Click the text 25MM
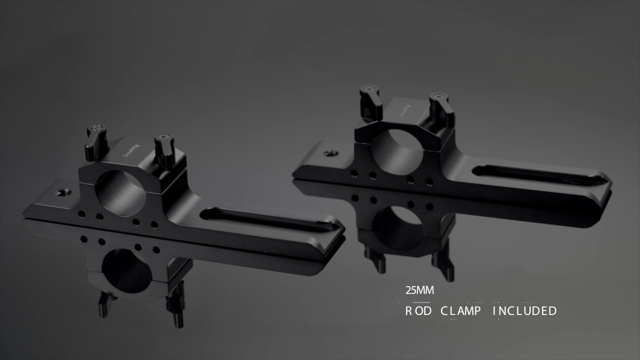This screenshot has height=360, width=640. click(419, 290)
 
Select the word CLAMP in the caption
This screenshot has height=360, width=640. click(460, 311)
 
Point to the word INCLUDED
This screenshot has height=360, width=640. click(525, 311)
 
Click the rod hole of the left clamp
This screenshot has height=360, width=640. click(121, 192)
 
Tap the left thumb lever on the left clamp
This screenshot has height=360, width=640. click(96, 142)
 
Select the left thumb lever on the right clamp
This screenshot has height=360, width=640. click(371, 103)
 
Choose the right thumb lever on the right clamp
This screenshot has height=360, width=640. click(441, 109)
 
